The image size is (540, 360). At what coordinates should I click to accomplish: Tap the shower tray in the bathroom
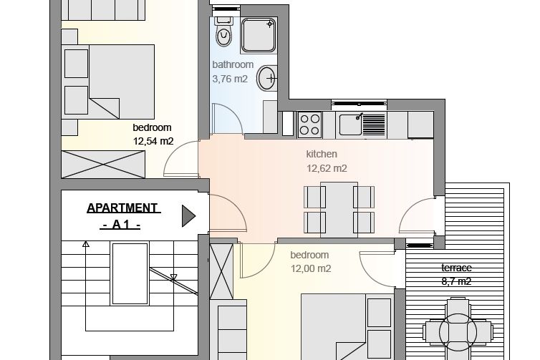[x=259, y=35]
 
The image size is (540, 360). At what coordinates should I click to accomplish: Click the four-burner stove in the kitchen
[x=309, y=125]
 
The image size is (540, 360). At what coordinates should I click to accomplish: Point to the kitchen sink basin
[x=351, y=125]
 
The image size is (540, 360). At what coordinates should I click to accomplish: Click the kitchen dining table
[x=339, y=210]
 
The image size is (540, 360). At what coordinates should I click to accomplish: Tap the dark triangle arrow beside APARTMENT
[x=188, y=216]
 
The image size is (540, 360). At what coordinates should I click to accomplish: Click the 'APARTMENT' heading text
[x=123, y=208]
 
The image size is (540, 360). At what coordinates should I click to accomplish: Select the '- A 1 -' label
[x=120, y=225]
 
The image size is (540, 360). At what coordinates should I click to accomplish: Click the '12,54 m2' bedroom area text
[x=153, y=141]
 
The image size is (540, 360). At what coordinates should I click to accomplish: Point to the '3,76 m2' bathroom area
[x=230, y=79]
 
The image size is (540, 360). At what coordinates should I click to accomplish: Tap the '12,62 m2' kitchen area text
[x=327, y=168]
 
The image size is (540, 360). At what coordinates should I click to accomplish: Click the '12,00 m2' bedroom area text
[x=311, y=268]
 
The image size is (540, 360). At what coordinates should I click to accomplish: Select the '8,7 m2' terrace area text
[x=456, y=281]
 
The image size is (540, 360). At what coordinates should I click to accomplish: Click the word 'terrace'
[x=456, y=268]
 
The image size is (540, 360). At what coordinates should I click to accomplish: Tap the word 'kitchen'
[x=322, y=154]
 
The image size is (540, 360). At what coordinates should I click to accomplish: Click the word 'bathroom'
[x=233, y=64]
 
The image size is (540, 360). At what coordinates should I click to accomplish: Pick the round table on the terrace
[x=458, y=332]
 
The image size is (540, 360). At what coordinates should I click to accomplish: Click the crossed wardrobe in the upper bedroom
[x=103, y=164]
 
